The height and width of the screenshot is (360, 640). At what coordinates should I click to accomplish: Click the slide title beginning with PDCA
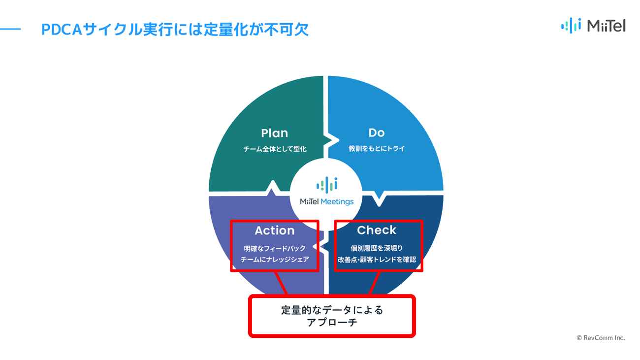(x=175, y=29)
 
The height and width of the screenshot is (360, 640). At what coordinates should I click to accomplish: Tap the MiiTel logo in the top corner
(x=593, y=26)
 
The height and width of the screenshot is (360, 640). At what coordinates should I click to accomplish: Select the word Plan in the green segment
(x=275, y=133)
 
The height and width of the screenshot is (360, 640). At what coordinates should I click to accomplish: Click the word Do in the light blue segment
(x=377, y=132)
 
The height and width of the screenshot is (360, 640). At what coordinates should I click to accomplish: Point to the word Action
(x=275, y=230)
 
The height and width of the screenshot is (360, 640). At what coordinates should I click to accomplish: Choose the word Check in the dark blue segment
(x=377, y=230)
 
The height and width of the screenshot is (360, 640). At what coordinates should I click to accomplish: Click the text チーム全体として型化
(x=275, y=149)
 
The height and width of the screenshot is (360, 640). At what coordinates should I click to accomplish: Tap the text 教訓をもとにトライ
(x=377, y=149)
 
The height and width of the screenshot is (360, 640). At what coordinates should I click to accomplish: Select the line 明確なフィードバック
(x=275, y=249)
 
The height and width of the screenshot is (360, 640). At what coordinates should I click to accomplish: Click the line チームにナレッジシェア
(x=275, y=260)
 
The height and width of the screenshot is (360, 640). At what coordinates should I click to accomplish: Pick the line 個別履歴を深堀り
(x=377, y=248)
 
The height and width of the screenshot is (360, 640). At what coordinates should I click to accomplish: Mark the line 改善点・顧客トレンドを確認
(x=377, y=260)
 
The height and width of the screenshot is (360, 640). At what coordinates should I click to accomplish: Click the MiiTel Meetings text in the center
(x=326, y=202)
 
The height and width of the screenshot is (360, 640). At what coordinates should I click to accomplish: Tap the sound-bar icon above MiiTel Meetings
(x=327, y=185)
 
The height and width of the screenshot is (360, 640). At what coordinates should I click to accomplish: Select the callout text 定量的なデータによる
(x=332, y=310)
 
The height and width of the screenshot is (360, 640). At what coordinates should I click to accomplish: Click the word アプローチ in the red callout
(x=332, y=323)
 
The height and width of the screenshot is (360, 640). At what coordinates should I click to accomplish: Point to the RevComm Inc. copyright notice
(x=601, y=338)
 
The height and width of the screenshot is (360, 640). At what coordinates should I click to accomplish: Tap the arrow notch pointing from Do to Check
(x=379, y=199)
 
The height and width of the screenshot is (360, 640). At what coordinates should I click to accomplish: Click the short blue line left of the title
(x=10, y=29)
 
